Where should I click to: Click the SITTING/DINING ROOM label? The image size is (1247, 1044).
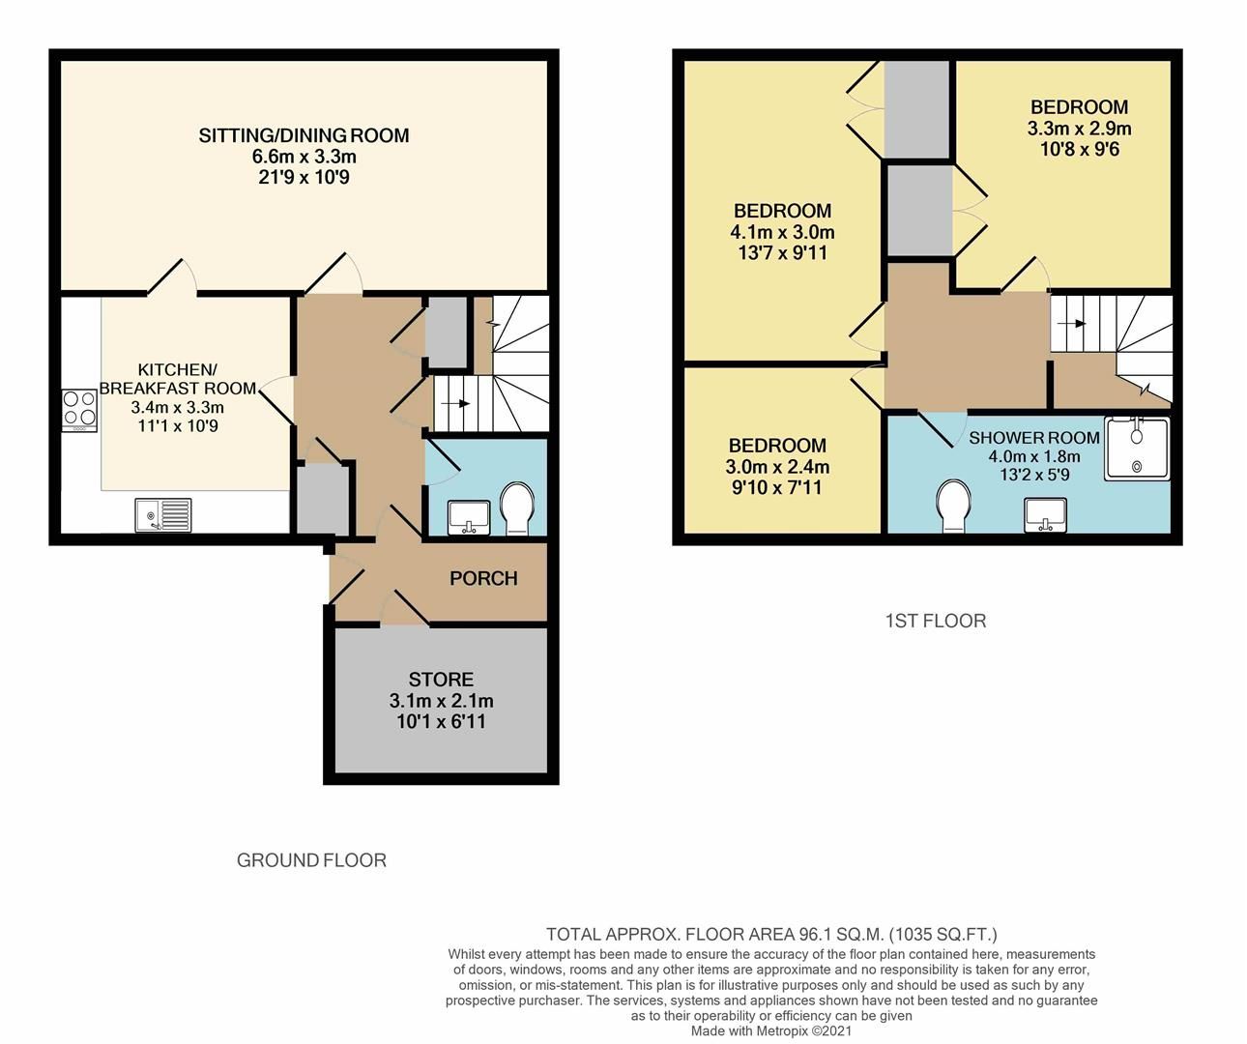[304, 135]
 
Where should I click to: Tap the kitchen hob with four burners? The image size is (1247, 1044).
[79, 408]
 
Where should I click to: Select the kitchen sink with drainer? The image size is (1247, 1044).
[163, 513]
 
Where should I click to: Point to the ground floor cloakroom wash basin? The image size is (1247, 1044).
[470, 516]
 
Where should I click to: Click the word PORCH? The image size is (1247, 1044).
[483, 578]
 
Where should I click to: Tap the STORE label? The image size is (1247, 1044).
[441, 680]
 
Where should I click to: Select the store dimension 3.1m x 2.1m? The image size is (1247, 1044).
[441, 701]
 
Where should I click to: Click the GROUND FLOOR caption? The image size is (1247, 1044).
[311, 860]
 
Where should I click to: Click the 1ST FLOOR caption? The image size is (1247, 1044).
[936, 621]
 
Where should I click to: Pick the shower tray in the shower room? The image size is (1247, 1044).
[1137, 449]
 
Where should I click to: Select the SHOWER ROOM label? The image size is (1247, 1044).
[1033, 438]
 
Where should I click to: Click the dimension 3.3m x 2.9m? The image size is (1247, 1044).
[1079, 129]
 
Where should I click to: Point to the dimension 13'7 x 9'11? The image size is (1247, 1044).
[782, 253]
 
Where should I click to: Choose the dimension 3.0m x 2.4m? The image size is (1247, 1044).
[777, 467]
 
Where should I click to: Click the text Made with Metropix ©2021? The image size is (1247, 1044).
[771, 1031]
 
